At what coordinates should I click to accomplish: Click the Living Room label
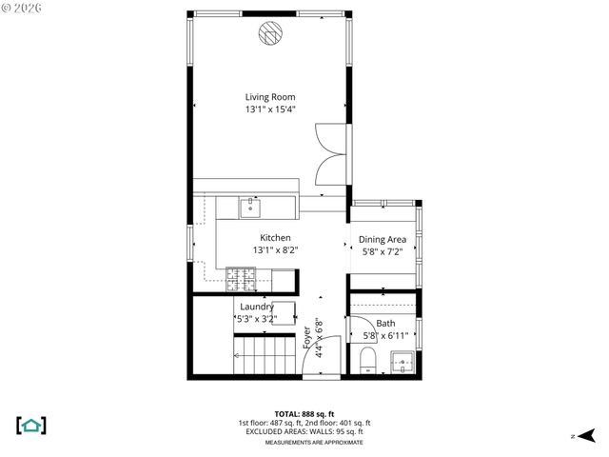(x=269, y=97)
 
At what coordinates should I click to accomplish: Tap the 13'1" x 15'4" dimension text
(x=269, y=109)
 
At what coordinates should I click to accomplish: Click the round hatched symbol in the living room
(x=271, y=34)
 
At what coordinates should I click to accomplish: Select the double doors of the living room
(x=332, y=153)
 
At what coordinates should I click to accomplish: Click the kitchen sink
(x=253, y=206)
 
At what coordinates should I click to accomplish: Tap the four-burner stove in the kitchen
(x=241, y=278)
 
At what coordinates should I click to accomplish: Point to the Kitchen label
(x=275, y=238)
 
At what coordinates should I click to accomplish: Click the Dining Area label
(x=383, y=240)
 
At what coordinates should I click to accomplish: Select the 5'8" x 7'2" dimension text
(x=383, y=252)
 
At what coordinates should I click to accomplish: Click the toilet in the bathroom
(x=366, y=360)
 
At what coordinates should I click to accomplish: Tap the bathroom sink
(x=402, y=362)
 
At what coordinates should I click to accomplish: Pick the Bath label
(x=384, y=324)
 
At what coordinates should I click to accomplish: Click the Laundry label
(x=257, y=307)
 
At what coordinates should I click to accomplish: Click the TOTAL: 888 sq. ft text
(x=304, y=414)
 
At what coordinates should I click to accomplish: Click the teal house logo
(x=31, y=425)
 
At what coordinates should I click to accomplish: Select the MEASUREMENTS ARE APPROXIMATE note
(x=304, y=443)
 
